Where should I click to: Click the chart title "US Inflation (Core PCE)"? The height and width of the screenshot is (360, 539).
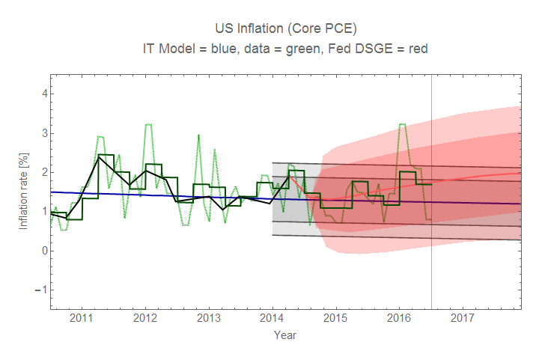pos(285,29)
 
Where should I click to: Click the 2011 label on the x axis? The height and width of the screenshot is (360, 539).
pos(81,318)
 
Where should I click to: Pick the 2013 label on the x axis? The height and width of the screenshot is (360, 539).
pos(208,318)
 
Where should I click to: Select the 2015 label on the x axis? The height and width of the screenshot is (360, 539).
pos(335,318)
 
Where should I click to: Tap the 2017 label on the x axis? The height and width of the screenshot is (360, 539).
pos(462,318)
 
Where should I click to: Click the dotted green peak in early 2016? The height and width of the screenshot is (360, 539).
pos(403,124)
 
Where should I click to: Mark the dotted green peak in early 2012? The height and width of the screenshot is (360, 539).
pos(148,125)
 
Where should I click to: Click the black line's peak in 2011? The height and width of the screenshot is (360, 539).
pos(100,157)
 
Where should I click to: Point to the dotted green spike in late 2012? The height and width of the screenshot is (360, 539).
pos(198,135)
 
